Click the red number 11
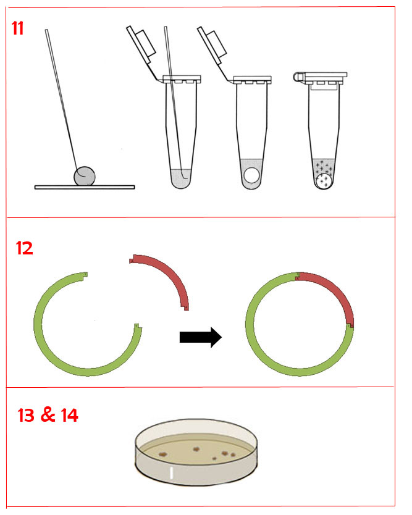(17, 28)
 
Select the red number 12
(24, 248)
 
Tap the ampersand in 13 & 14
(48, 414)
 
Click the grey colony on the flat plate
(85, 176)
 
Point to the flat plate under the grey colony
(85, 187)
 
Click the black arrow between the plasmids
(200, 337)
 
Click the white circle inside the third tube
(252, 175)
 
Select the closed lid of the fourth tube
(321, 77)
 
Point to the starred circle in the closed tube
(324, 182)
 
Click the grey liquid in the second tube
(181, 178)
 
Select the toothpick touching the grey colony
(62, 102)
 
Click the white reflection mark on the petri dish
(171, 473)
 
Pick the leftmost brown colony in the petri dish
(163, 454)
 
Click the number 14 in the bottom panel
(69, 415)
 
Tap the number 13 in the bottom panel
(27, 415)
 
